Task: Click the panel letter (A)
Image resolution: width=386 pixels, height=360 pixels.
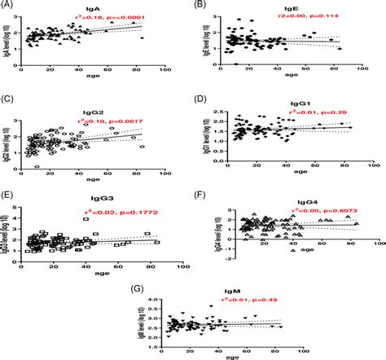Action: (x=11, y=7)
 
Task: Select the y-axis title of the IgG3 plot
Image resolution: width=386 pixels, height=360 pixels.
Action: (x=7, y=229)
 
